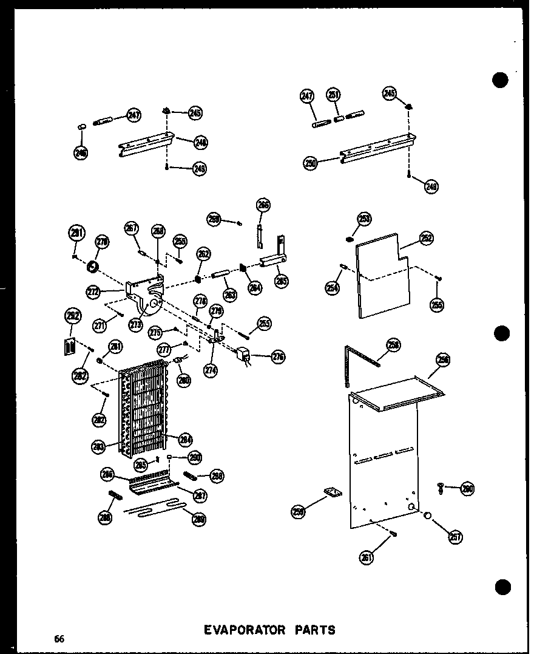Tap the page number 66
click(58, 638)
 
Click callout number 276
click(278, 356)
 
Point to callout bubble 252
click(427, 239)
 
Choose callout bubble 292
click(72, 316)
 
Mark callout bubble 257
click(456, 536)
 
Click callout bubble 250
click(311, 163)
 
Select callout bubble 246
click(81, 153)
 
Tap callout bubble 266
click(263, 205)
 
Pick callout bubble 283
click(99, 446)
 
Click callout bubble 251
click(334, 95)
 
